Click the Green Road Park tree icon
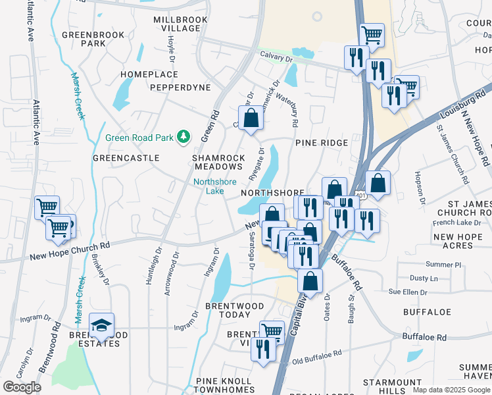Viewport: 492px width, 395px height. pyautogui.click(x=185, y=138)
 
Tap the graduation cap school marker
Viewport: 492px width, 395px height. pyautogui.click(x=101, y=325)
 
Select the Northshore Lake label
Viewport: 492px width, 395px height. pyautogui.click(x=209, y=186)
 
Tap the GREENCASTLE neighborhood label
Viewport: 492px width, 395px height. pyautogui.click(x=126, y=158)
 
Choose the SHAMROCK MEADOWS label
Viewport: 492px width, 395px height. pyautogui.click(x=218, y=163)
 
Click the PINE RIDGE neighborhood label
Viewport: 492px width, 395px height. pyautogui.click(x=321, y=142)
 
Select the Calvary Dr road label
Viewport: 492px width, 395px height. pyautogui.click(x=276, y=57)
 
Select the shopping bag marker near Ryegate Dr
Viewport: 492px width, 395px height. pyautogui.click(x=251, y=119)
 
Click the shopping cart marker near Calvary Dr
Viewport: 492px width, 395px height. pyautogui.click(x=372, y=35)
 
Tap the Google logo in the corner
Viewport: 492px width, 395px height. pyautogui.click(x=22, y=387)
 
